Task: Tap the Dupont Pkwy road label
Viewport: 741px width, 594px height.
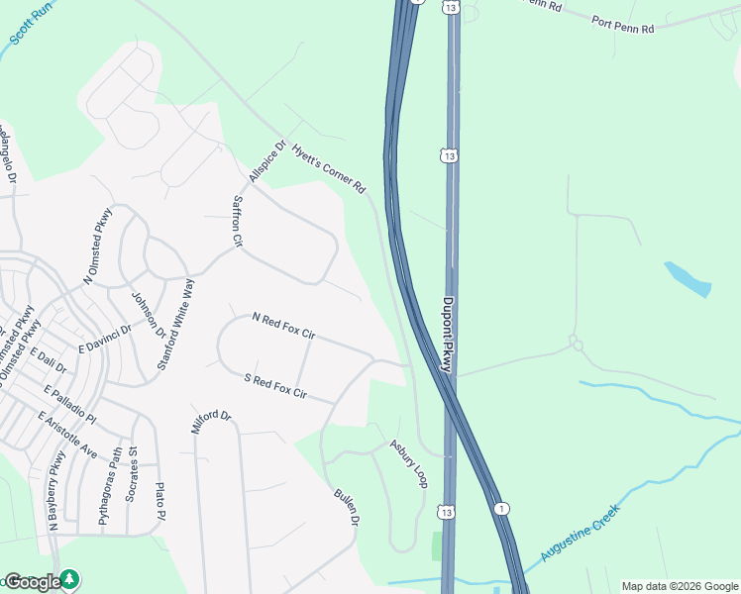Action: tap(447, 335)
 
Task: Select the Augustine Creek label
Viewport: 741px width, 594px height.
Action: tap(580, 535)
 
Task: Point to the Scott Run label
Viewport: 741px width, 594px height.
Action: tap(31, 22)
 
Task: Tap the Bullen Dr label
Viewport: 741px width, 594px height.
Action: tap(346, 506)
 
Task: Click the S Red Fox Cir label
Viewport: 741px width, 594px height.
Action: tap(275, 387)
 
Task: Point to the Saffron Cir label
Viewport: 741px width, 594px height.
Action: tap(237, 220)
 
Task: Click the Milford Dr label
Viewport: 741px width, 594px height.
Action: tap(210, 423)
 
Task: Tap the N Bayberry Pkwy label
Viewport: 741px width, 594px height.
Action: tap(54, 492)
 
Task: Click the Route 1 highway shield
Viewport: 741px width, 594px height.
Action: tap(503, 508)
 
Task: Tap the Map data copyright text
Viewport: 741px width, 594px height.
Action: tap(680, 585)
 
